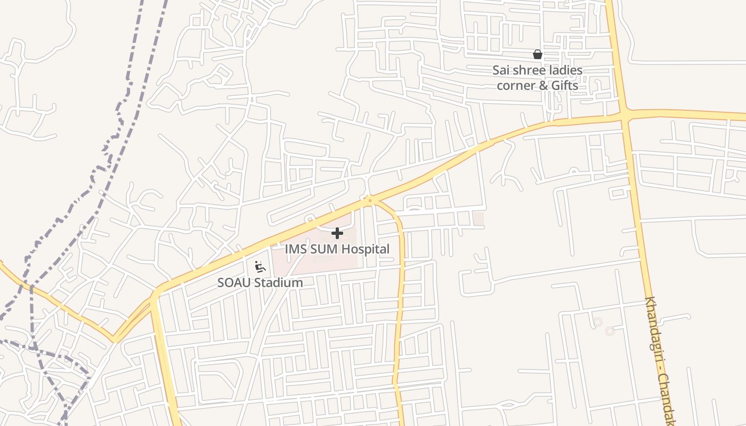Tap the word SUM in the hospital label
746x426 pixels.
pyautogui.click(x=322, y=249)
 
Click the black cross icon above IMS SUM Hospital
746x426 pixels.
pyautogui.click(x=337, y=233)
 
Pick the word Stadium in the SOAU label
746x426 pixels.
pyautogui.click(x=277, y=283)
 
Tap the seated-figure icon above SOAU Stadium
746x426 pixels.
pyautogui.click(x=260, y=267)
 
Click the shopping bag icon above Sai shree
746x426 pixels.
pyautogui.click(x=538, y=54)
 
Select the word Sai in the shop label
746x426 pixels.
pyautogui.click(x=501, y=70)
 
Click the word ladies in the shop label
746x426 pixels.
pyautogui.click(x=565, y=70)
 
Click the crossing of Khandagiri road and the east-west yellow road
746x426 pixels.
pyautogui.click(x=625, y=114)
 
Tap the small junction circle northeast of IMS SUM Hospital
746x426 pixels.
pyautogui.click(x=370, y=201)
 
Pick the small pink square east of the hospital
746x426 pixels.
pyautogui.click(x=479, y=218)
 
